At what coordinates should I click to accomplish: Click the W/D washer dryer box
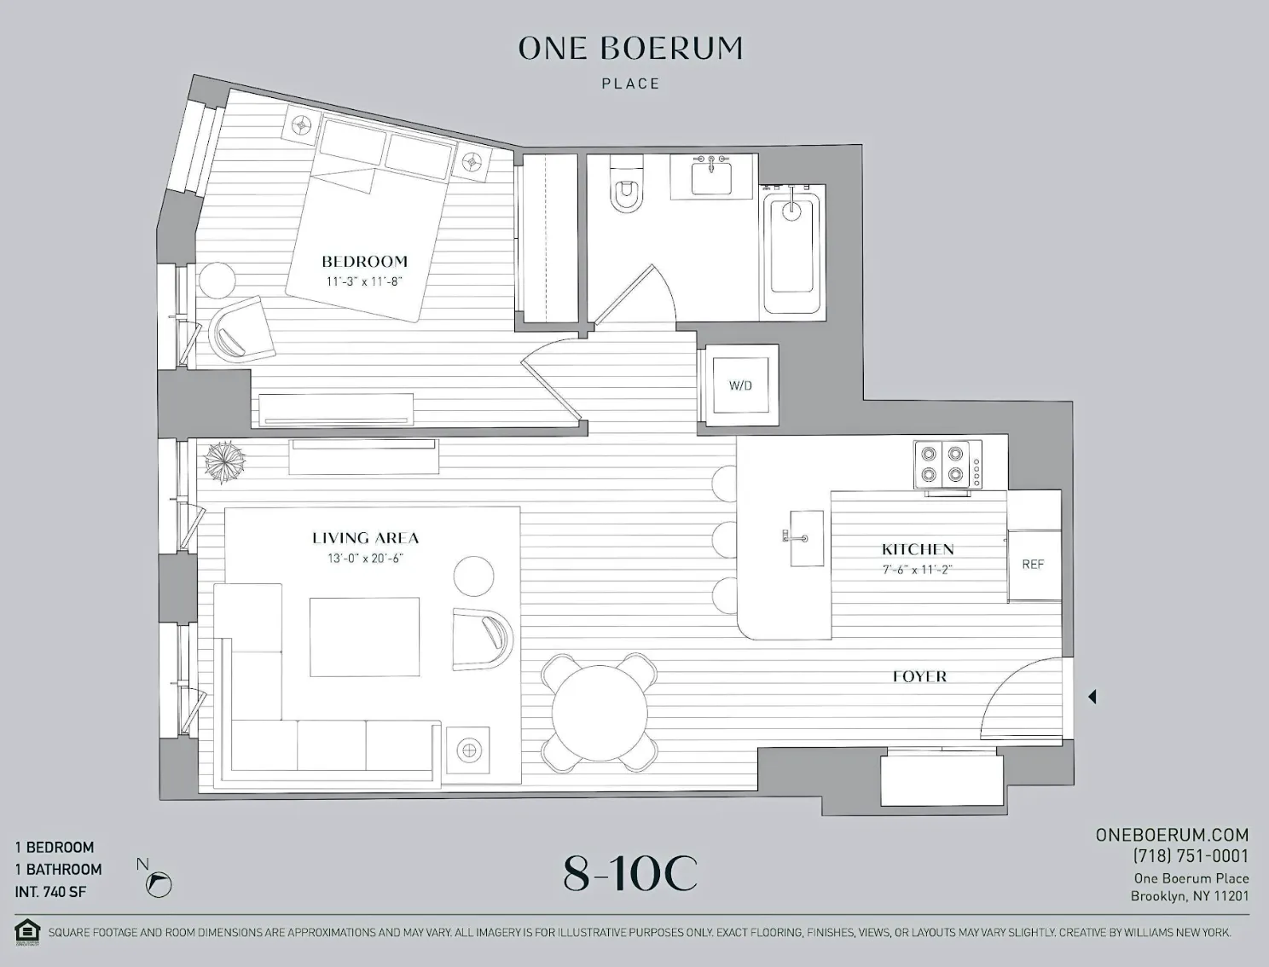(x=739, y=385)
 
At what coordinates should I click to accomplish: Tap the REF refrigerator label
(x=1033, y=565)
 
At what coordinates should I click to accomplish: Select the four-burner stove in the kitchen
(x=947, y=466)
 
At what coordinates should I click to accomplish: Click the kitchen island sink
(x=805, y=538)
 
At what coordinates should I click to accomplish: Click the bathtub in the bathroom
(x=791, y=254)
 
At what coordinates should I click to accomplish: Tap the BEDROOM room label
(x=364, y=262)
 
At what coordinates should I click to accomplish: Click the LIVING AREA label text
(x=365, y=538)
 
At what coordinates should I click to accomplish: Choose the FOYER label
(x=919, y=676)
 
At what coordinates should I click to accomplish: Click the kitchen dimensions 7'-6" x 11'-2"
(x=918, y=570)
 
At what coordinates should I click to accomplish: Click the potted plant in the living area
(x=223, y=461)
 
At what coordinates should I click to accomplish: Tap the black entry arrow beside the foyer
(x=1092, y=697)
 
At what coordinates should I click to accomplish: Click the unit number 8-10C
(x=630, y=873)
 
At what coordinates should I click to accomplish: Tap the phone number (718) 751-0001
(x=1191, y=856)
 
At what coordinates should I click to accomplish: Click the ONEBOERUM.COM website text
(x=1172, y=835)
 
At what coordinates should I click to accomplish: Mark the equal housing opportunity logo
(x=28, y=931)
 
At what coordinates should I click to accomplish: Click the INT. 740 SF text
(x=50, y=892)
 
